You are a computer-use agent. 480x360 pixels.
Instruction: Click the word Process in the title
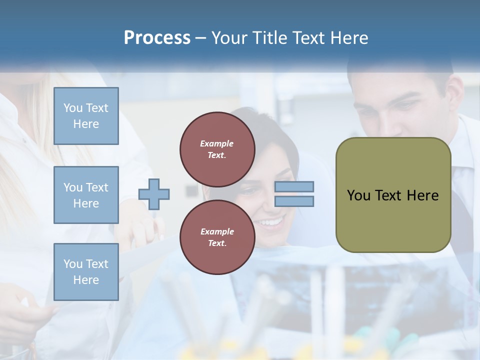point(157,38)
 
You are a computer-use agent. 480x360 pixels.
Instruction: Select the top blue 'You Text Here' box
point(86,116)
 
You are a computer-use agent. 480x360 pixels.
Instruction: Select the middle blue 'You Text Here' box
point(86,195)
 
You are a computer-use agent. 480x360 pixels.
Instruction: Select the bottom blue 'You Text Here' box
point(86,272)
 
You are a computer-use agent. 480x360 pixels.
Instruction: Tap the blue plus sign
point(154,194)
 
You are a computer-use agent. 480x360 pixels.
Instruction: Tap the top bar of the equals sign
point(294,187)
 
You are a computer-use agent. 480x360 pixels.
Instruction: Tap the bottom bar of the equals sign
point(294,201)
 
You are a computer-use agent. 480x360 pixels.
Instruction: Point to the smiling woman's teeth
point(270,221)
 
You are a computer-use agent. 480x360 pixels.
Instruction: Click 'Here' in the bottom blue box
point(86,280)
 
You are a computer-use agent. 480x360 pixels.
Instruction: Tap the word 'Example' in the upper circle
point(217,143)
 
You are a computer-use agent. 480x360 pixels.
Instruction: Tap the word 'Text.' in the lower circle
point(217,243)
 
